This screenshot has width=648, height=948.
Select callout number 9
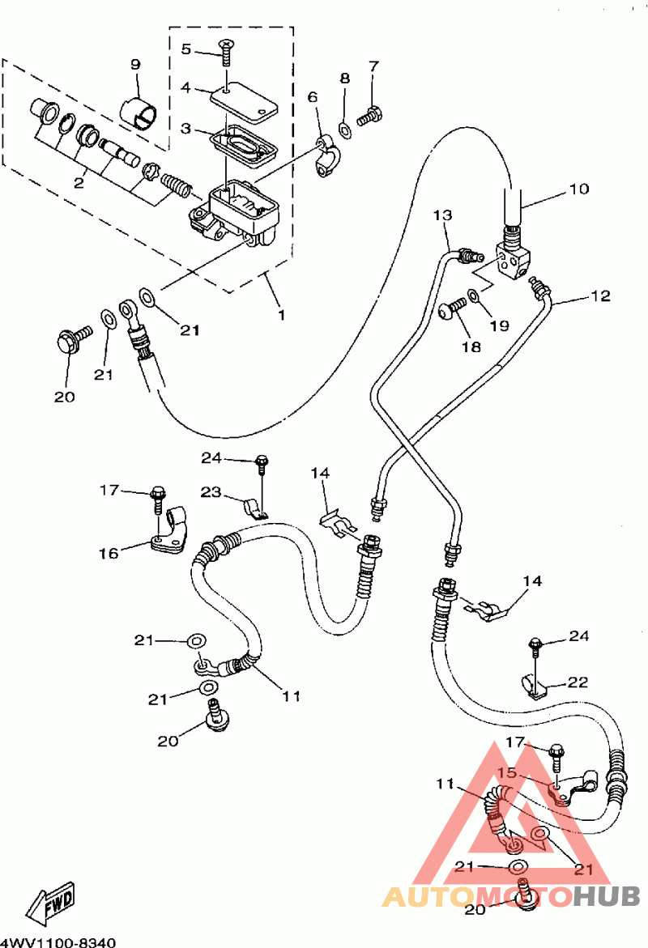pos(135,64)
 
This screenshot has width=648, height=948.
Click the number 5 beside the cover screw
pos(186,49)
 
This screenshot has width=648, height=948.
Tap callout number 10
pos(579,189)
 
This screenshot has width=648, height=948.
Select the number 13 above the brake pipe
pos(443,215)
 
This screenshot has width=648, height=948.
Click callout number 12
pos(601,295)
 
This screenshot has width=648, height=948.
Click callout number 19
pos(499,325)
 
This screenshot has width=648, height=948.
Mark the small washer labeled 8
pos(345,130)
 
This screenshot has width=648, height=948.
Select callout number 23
pos(211,492)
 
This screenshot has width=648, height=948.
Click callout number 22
pos(578,682)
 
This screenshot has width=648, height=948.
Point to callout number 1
pos(281,315)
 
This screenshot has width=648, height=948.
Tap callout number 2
pos(79,182)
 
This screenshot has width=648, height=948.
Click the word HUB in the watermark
pos(606,896)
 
